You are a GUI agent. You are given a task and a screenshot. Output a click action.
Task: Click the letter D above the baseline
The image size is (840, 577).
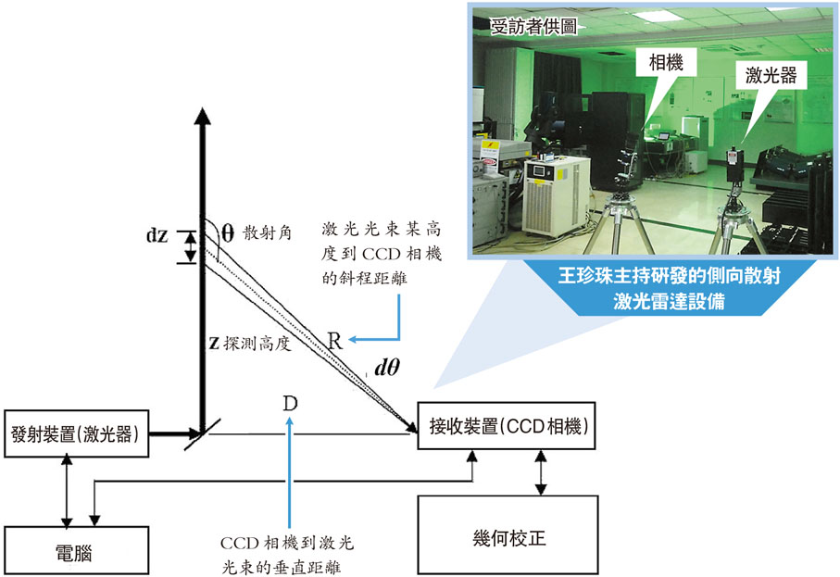[x=291, y=404]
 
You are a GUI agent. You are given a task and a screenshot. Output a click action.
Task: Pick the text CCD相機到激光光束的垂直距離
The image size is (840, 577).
[x=290, y=551]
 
